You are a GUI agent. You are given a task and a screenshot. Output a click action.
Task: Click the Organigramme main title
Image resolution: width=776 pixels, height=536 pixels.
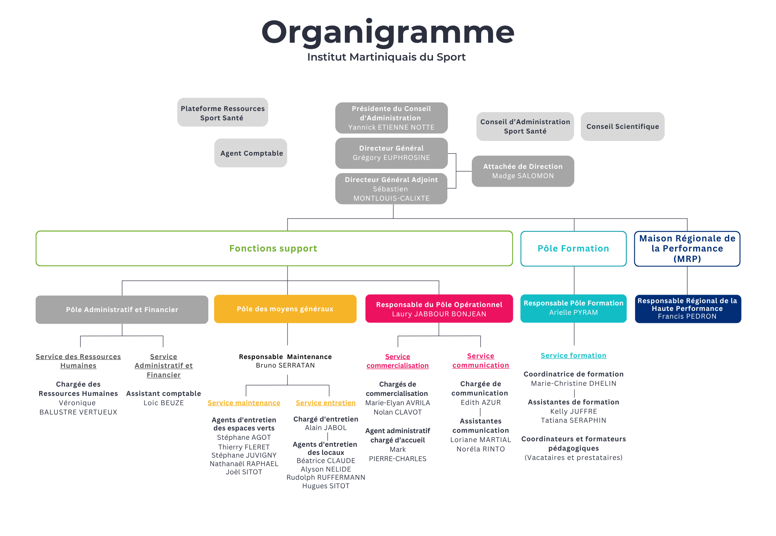pyautogui.click(x=388, y=33)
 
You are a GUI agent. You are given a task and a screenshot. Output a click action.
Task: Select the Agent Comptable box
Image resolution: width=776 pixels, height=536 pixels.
pyautogui.click(x=251, y=153)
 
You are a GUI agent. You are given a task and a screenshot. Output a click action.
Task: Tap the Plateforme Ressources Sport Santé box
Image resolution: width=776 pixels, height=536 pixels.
pyautogui.click(x=223, y=113)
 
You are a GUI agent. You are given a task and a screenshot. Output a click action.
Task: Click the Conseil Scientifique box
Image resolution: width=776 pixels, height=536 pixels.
pyautogui.click(x=622, y=127)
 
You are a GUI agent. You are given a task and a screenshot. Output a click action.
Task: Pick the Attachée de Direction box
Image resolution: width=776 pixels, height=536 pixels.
pyautogui.click(x=523, y=171)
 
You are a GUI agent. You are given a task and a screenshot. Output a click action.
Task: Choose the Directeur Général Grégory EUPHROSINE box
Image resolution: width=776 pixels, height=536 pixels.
pyautogui.click(x=391, y=153)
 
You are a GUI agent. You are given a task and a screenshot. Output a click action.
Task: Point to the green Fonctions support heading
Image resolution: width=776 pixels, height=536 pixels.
pyautogui.click(x=273, y=248)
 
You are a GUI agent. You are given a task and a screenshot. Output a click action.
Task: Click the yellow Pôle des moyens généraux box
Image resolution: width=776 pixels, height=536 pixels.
pyautogui.click(x=285, y=309)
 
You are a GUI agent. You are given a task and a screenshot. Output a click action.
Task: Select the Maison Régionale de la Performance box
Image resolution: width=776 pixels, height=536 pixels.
pyautogui.click(x=687, y=248)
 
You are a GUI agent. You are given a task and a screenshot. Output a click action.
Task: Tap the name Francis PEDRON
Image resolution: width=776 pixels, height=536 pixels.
pyautogui.click(x=687, y=316)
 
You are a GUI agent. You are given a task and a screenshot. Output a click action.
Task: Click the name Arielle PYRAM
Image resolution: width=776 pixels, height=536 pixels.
pyautogui.click(x=573, y=312)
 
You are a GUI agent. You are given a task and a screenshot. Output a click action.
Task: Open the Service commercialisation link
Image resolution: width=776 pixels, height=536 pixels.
pyautogui.click(x=398, y=361)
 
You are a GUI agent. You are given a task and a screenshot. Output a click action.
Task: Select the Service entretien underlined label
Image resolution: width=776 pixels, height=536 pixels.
pyautogui.click(x=326, y=403)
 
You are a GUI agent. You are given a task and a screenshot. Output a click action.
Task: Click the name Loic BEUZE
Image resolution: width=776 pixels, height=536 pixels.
pyautogui.click(x=164, y=403)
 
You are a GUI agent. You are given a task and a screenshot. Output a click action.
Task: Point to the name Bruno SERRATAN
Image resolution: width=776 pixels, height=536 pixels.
pyautogui.click(x=285, y=365)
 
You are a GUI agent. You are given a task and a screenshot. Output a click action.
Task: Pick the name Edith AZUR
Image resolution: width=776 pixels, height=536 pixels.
pyautogui.click(x=481, y=402)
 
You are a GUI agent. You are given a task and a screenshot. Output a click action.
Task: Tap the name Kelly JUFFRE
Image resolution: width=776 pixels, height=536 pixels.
pyautogui.click(x=573, y=411)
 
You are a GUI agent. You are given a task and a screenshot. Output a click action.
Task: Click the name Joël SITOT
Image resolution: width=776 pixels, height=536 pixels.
pyautogui.click(x=244, y=472)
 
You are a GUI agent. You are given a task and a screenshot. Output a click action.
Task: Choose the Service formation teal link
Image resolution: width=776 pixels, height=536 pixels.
pyautogui.click(x=573, y=356)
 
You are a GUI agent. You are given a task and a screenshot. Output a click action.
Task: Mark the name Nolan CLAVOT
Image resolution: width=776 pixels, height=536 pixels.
pyautogui.click(x=398, y=412)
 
